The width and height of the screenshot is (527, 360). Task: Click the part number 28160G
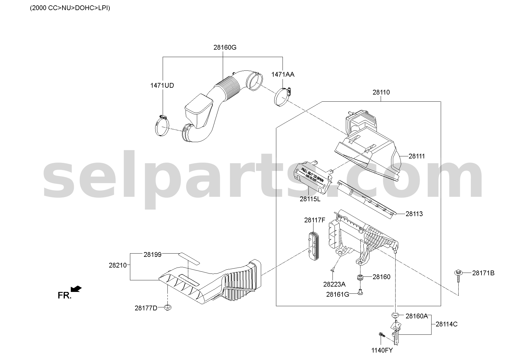click(225, 47)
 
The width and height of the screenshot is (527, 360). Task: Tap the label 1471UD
click(162, 86)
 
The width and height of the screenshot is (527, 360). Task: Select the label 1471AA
click(283, 75)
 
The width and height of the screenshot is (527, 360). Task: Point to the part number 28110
click(381, 92)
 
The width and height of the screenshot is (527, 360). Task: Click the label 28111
click(417, 156)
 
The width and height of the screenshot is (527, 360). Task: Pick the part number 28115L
click(310, 199)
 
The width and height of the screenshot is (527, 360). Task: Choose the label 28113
click(414, 214)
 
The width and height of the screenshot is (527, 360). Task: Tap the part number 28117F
click(315, 220)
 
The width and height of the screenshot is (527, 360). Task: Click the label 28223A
click(334, 284)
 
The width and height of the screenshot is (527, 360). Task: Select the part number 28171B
click(483, 273)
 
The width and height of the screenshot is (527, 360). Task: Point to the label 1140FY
click(382, 350)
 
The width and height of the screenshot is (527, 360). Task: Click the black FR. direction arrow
click(76, 289)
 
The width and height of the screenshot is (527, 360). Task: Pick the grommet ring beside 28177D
click(168, 307)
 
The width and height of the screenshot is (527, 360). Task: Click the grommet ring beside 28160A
click(395, 315)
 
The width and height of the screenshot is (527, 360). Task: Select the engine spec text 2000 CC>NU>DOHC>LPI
click(70, 8)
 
